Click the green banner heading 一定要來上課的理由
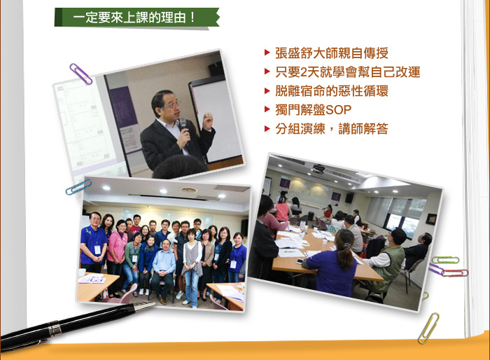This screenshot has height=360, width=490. pyautogui.click(x=137, y=18)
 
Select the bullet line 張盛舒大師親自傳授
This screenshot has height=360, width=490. pyautogui.click(x=332, y=53)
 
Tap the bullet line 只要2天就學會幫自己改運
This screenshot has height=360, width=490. pyautogui.click(x=347, y=72)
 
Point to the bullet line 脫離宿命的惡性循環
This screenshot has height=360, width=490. pyautogui.click(x=332, y=91)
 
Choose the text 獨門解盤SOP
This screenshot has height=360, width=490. pyautogui.click(x=313, y=110)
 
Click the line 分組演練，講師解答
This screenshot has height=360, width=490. pyautogui.click(x=332, y=129)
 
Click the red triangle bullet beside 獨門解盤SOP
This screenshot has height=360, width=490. pyautogui.click(x=267, y=109)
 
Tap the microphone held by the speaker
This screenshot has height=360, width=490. pyautogui.click(x=184, y=130)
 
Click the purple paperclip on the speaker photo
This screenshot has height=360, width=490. pyautogui.click(x=80, y=74)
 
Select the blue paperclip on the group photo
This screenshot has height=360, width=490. pyautogui.click(x=78, y=187)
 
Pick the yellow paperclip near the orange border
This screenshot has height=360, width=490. pyautogui.click(x=428, y=328)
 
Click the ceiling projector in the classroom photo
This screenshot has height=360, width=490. pyautogui.click(x=318, y=168)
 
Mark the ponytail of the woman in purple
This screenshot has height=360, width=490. pyautogui.click(x=344, y=256)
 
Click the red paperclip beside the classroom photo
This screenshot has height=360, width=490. pyautogui.click(x=455, y=273)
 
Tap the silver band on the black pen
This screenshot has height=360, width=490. pyautogui.click(x=55, y=328)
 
